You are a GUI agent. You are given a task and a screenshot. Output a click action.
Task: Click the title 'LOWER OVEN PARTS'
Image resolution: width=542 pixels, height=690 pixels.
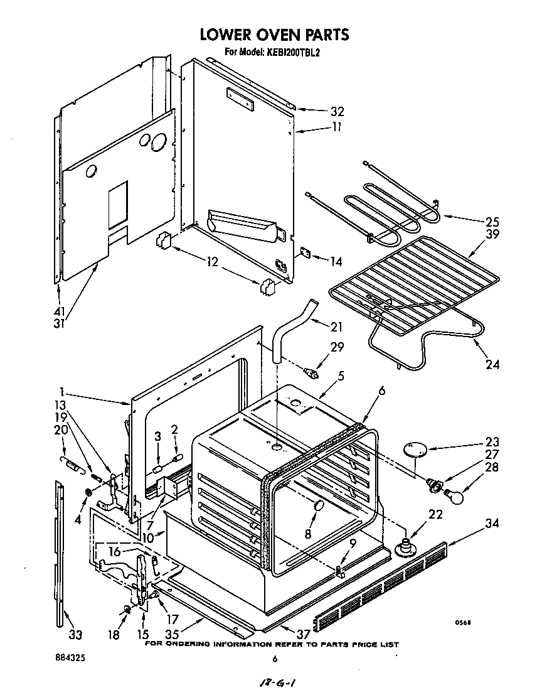274,35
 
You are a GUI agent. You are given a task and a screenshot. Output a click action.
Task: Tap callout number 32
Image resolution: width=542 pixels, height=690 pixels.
337,112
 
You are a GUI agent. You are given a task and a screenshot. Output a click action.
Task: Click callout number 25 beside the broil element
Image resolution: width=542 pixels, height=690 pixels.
492,222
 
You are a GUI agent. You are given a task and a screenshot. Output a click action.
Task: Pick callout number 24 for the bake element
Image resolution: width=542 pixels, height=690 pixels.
492,364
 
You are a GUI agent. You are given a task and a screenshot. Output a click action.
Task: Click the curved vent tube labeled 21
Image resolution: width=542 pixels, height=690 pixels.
295,326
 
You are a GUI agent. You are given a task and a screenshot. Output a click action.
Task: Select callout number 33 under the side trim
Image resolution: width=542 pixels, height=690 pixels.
75,634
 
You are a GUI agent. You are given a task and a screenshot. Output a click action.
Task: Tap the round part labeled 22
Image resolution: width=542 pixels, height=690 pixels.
406,545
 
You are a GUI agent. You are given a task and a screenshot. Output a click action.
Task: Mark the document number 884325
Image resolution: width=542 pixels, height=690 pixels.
70,659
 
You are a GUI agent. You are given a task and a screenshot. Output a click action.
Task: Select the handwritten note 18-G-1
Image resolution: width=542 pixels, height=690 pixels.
274,682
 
